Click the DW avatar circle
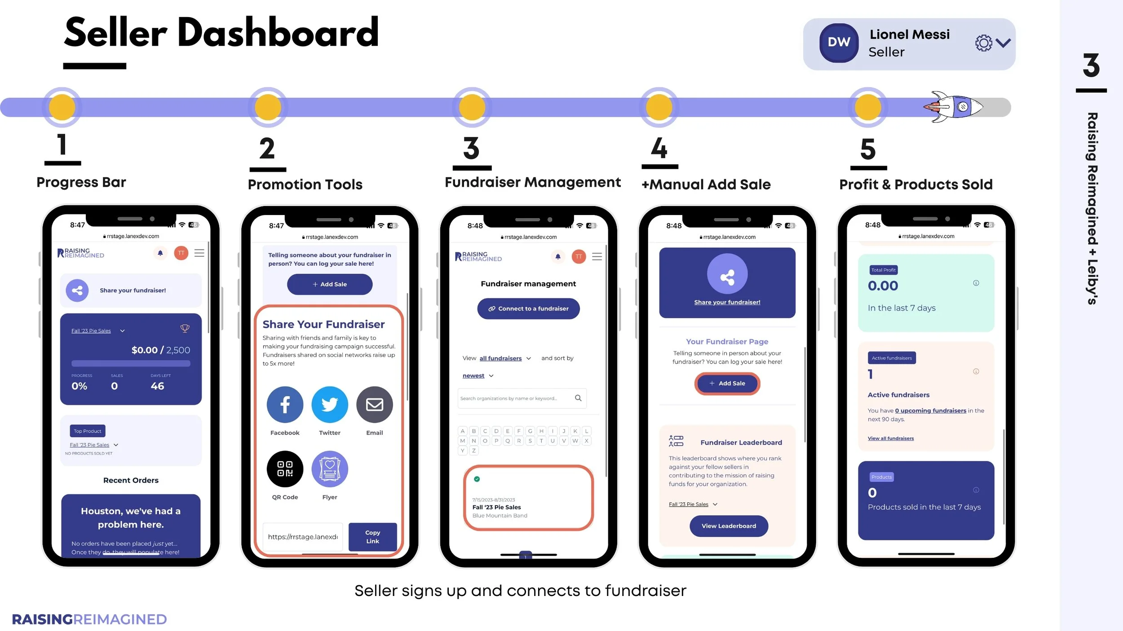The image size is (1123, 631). (x=839, y=43)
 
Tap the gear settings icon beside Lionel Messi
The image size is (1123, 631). (x=983, y=43)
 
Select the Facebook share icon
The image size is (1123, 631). (x=285, y=404)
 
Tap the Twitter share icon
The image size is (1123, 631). (x=330, y=404)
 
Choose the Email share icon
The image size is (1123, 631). (x=374, y=404)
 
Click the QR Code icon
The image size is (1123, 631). (x=285, y=469)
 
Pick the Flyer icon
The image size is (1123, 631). (x=330, y=469)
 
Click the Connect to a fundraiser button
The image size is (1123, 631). (x=528, y=309)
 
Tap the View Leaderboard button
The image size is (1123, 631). (x=729, y=526)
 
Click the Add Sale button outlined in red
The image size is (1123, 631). (x=727, y=383)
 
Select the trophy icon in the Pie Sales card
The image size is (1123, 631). (x=185, y=329)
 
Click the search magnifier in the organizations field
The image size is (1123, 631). (x=578, y=398)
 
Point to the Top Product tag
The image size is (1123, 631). (x=88, y=431)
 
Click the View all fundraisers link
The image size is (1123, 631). (x=890, y=438)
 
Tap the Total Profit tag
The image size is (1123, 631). (x=883, y=270)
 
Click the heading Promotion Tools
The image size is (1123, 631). (x=305, y=184)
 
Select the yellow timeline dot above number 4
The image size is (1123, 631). (x=659, y=107)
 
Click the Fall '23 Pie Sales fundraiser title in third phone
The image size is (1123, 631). (x=496, y=507)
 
